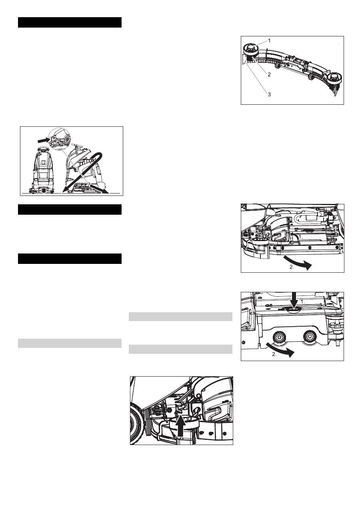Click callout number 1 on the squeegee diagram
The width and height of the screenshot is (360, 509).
click(x=270, y=41)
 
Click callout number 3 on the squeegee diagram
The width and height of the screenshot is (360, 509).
click(x=270, y=94)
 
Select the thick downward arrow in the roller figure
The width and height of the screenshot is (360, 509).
click(x=294, y=301)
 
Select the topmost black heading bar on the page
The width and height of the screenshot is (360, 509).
click(x=70, y=22)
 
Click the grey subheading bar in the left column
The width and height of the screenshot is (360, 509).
click(x=70, y=343)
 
